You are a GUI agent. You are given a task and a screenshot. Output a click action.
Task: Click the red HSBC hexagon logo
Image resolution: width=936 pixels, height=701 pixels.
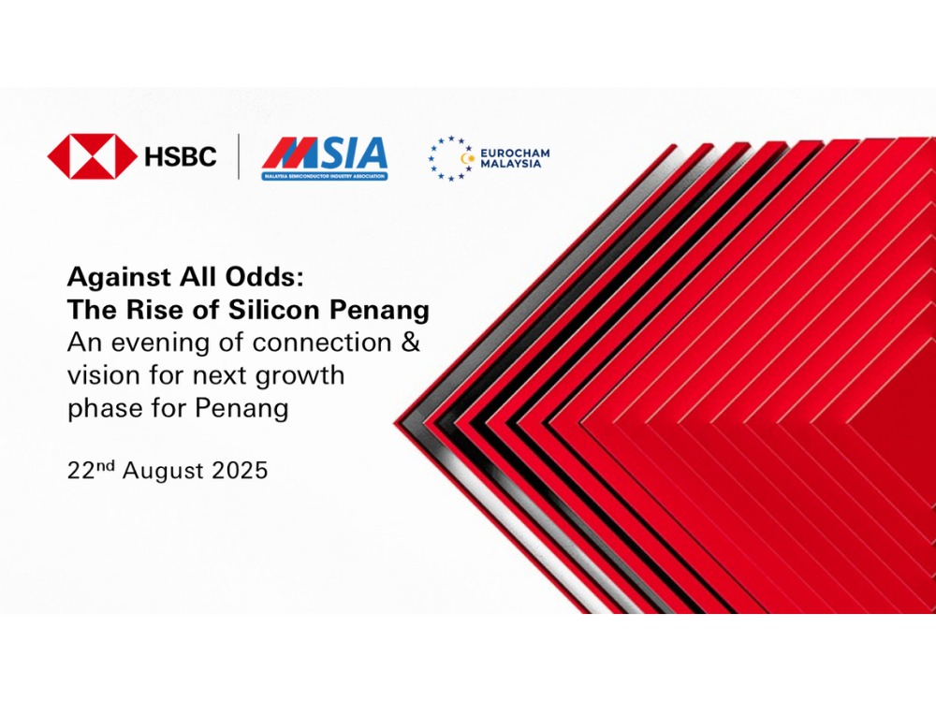tap(92, 156)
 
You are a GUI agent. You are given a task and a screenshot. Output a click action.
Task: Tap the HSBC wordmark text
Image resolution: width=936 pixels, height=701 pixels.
tap(181, 157)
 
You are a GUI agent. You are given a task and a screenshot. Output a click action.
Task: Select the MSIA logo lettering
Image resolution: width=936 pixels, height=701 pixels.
tap(325, 153)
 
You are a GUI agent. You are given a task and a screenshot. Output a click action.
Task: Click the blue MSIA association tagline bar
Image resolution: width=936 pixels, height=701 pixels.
tap(325, 176)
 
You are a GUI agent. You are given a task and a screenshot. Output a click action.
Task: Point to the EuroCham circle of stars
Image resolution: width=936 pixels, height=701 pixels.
tap(451, 158)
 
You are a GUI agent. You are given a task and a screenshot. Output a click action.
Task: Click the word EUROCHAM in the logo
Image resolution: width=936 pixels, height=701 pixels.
tap(515, 153)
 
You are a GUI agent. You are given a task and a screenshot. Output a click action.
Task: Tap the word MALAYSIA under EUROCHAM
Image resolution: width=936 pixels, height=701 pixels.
tap(511, 164)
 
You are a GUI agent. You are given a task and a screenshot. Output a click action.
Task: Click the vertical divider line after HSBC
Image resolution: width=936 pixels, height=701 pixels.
tap(239, 156)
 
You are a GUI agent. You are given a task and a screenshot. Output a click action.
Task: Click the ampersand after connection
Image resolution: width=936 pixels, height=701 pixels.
tap(411, 343)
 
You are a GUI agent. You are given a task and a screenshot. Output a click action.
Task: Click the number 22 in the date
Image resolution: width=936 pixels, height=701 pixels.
tap(81, 471)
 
